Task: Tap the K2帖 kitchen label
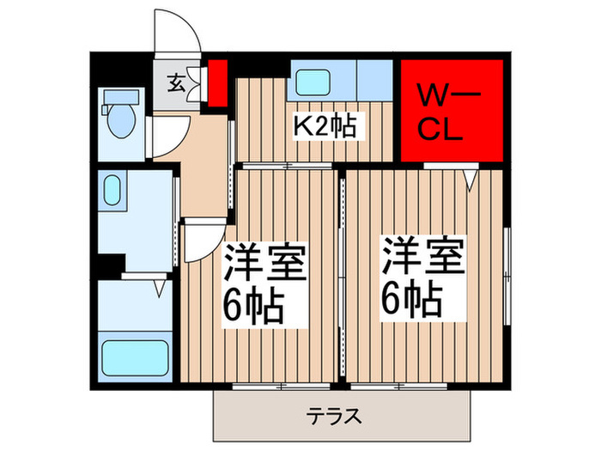(326, 127)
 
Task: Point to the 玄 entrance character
(175, 83)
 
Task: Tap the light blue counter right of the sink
(374, 79)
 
